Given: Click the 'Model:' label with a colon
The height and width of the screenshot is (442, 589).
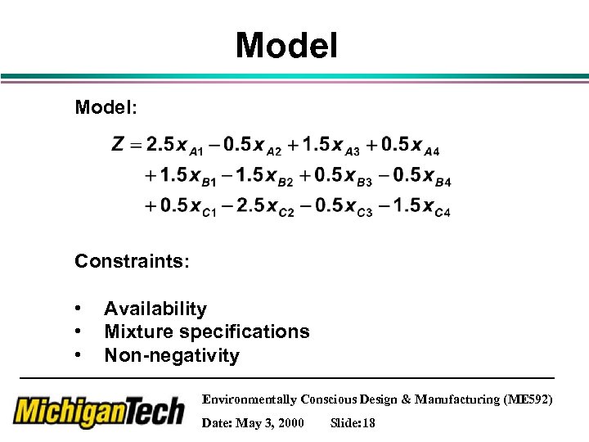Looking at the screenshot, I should [x=106, y=108].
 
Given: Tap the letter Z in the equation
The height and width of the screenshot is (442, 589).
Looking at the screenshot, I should [x=119, y=145].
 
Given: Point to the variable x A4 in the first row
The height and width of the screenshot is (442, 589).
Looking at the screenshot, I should [x=424, y=147].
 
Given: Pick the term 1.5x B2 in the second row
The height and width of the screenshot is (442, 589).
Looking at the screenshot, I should [x=264, y=176].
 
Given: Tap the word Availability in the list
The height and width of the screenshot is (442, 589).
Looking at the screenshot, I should [x=155, y=309].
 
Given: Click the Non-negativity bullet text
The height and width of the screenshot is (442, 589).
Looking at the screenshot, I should [x=172, y=355].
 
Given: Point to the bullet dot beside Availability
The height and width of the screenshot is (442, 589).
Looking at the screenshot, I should [x=78, y=309].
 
